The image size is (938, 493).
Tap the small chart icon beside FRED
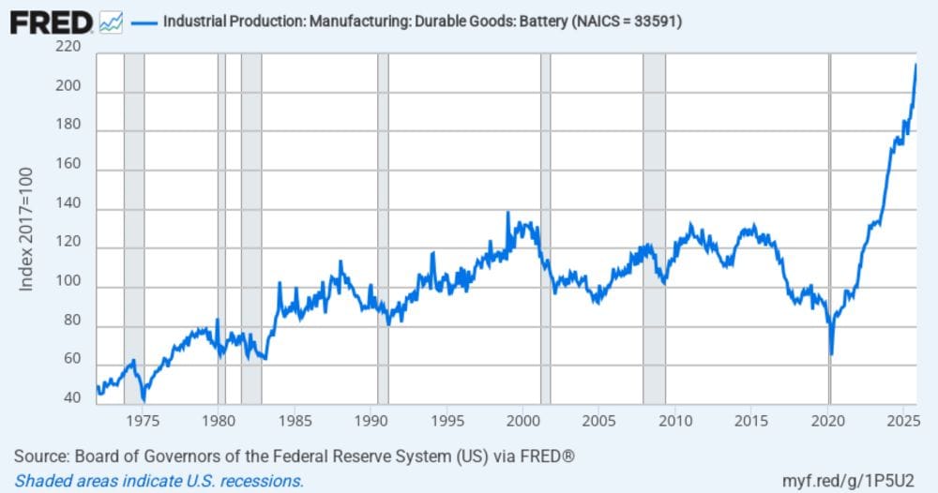click(111, 22)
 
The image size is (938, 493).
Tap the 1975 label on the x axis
click(142, 420)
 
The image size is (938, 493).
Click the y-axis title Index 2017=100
click(27, 231)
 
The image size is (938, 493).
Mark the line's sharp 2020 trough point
click(831, 354)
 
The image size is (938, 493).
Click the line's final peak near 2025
click(915, 64)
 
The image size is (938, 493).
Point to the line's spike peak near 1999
click(507, 213)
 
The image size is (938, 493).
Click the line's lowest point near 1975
click(143, 399)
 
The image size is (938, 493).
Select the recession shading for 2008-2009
click(654, 225)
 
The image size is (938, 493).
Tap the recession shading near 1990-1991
click(383, 225)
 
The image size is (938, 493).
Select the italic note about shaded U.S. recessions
click(159, 481)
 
